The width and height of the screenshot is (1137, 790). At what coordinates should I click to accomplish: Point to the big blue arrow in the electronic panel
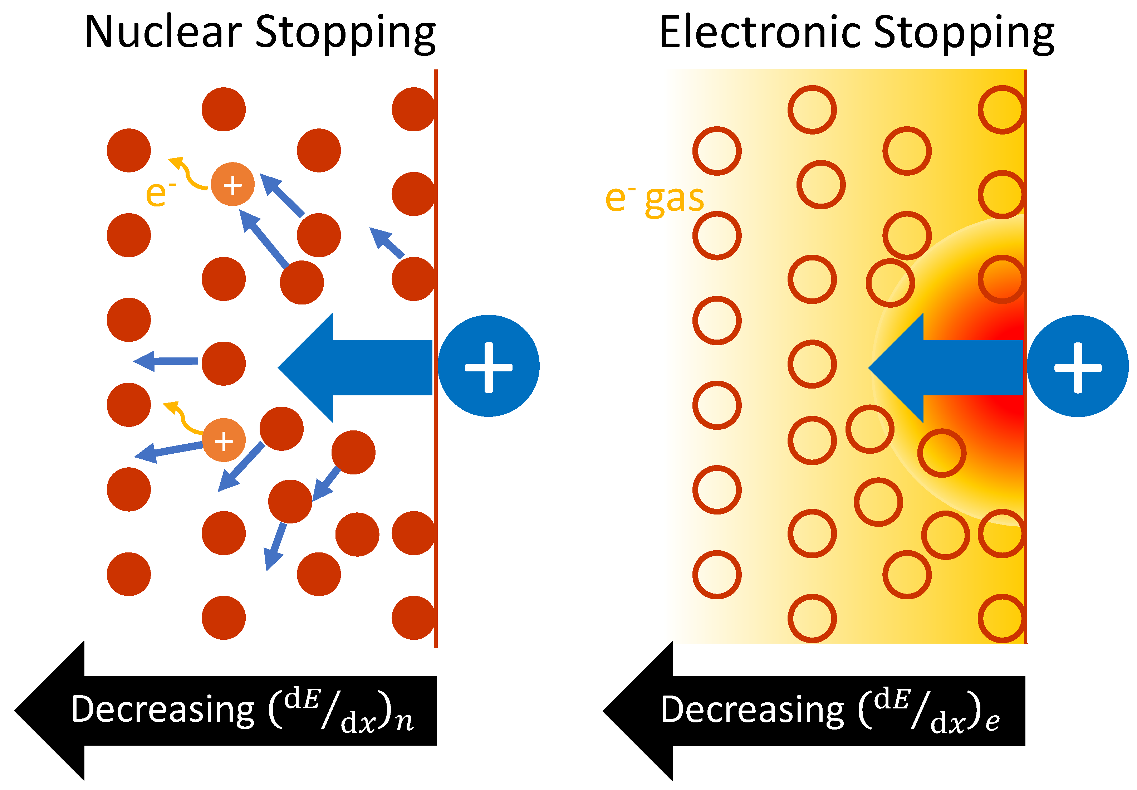(945, 367)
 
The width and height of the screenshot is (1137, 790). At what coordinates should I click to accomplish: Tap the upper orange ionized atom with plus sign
(232, 184)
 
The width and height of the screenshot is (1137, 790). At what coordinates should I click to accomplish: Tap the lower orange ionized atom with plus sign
(224, 440)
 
